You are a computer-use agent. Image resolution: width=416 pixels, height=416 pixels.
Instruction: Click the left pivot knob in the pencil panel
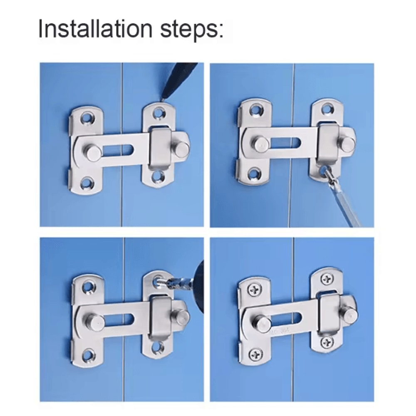[93, 152]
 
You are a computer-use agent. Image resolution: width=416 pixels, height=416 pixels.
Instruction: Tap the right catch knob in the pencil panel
[182, 148]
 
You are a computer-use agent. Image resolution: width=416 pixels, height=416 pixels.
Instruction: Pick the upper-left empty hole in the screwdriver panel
[255, 110]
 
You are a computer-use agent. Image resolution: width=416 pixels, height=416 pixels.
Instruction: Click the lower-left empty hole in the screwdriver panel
[255, 175]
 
